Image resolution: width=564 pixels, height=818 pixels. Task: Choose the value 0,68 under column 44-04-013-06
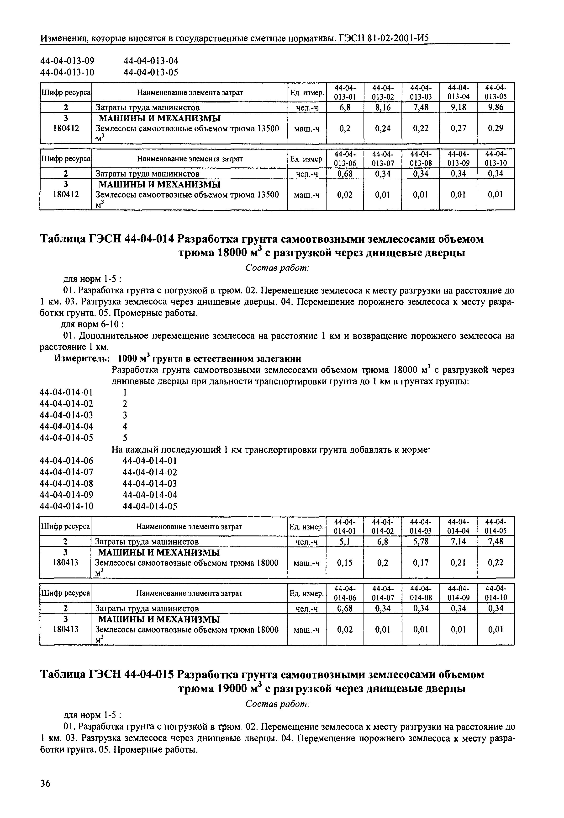[345, 174]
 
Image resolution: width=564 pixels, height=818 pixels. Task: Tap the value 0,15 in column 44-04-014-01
[345, 563]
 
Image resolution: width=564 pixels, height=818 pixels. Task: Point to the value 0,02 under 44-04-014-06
[345, 630]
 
